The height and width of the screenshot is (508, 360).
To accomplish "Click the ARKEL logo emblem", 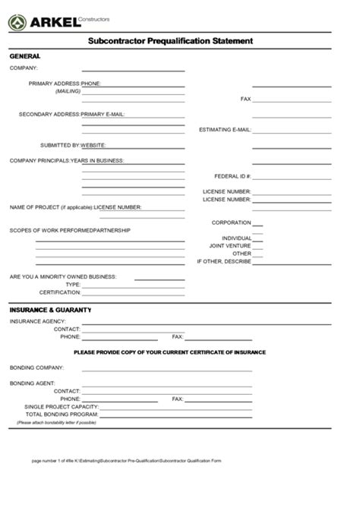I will click(x=17, y=23).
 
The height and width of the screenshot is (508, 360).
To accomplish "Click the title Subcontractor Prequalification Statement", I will click(x=170, y=41).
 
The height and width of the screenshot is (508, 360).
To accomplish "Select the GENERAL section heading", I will click(x=24, y=57).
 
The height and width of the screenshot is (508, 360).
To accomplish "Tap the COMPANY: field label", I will click(x=24, y=68).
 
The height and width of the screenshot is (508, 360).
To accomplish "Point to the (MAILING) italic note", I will click(x=68, y=91).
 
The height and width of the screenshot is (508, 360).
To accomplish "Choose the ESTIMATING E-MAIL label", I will click(x=225, y=130).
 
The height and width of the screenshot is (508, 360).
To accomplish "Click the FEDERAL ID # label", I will click(x=232, y=176).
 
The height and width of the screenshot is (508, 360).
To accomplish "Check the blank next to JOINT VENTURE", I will click(x=257, y=246).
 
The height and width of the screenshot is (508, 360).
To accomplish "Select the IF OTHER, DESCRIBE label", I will click(x=224, y=261).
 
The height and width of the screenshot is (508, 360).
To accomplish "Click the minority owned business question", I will click(x=63, y=276).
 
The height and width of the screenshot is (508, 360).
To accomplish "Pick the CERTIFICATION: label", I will click(x=60, y=292).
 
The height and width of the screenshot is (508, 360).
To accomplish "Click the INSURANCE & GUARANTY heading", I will click(x=50, y=310).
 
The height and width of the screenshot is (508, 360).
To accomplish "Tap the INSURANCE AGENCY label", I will click(x=37, y=322).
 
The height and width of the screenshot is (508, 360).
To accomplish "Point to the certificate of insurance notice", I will click(x=169, y=352).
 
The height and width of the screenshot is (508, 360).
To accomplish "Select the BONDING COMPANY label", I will click(x=36, y=368).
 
